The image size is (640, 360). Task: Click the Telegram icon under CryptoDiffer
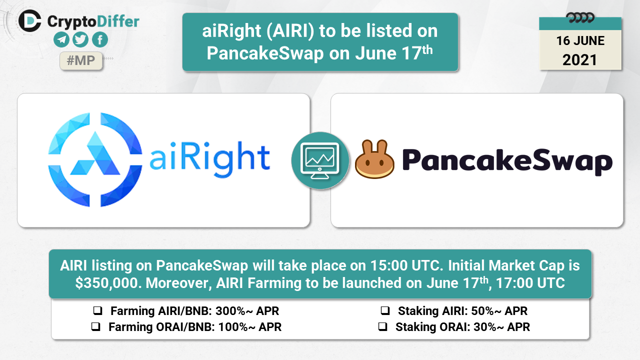[61, 39]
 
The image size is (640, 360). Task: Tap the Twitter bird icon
[80, 39]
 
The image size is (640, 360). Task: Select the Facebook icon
[100, 39]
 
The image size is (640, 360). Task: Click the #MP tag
[81, 60]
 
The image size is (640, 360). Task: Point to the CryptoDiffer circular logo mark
[30, 21]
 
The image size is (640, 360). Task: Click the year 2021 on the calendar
[579, 60]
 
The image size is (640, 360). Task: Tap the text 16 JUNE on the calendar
[580, 40]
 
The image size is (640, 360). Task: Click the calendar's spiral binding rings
[580, 18]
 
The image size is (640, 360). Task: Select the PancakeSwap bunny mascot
[374, 159]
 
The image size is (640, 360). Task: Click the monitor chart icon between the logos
[320, 160]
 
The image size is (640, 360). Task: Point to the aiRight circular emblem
[95, 159]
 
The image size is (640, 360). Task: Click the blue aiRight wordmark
[209, 159]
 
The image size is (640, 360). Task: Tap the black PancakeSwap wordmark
[507, 161]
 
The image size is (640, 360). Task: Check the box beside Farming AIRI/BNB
[97, 310]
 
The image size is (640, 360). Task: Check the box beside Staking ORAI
[382, 326]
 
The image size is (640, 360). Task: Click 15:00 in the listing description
[389, 265]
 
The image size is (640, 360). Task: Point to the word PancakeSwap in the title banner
[265, 53]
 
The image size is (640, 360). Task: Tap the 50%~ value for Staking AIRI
[486, 311]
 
